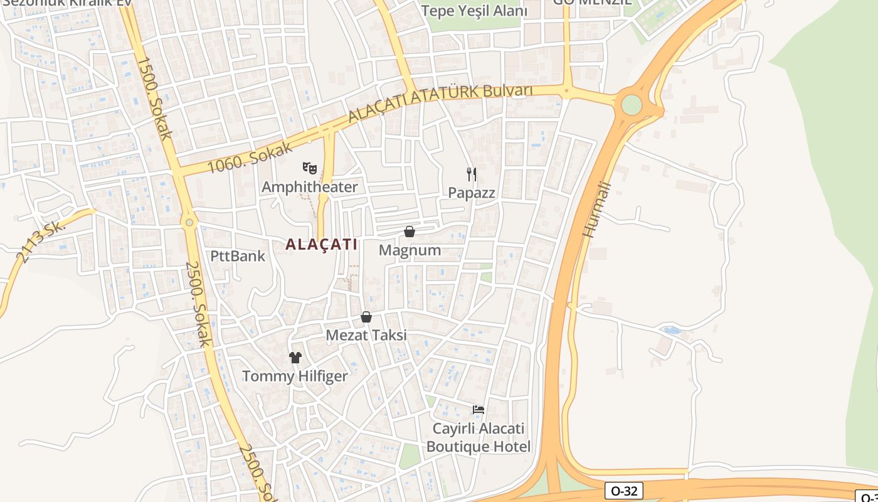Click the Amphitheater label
coord(309,187)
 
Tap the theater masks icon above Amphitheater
coord(309,168)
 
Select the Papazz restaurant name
coord(472,193)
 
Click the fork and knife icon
coord(472,174)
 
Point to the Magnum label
coord(410,250)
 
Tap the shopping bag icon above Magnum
coord(410,232)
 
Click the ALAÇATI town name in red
coord(321,244)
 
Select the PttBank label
coord(238,256)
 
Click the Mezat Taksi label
coord(366,335)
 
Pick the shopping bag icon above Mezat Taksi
coord(366,317)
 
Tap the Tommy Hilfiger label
coord(295,376)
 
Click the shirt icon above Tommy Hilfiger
coord(295,358)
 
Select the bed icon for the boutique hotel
coord(479,410)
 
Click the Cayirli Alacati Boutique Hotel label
coord(479,438)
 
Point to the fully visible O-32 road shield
coord(624,491)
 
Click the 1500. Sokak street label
coord(154,99)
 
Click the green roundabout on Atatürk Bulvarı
coord(632,105)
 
